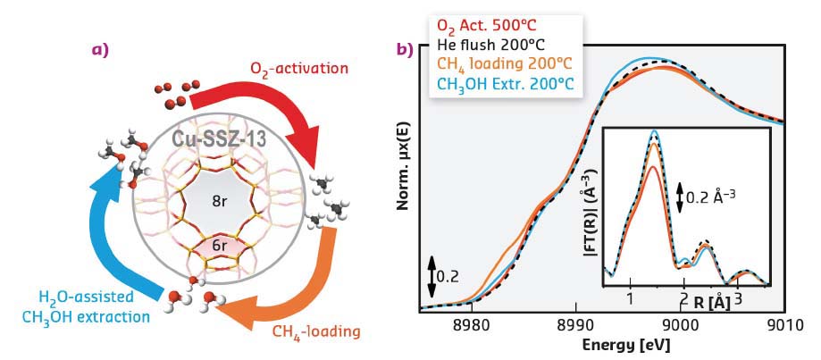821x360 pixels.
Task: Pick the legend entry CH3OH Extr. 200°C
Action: tap(504, 83)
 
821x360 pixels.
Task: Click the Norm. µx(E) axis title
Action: tap(403, 170)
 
